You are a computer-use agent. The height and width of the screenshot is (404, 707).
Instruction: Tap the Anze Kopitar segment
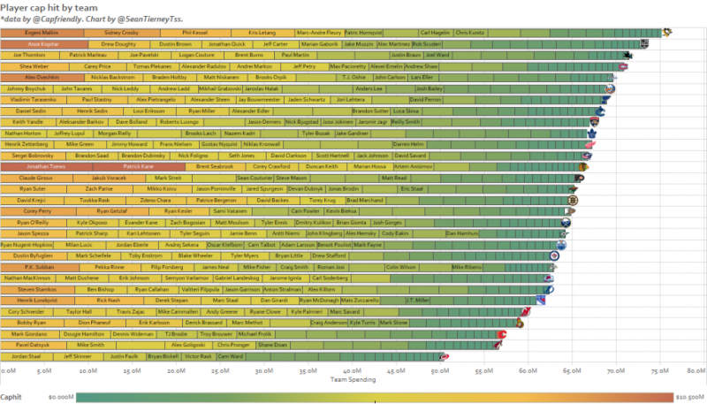click(x=43, y=42)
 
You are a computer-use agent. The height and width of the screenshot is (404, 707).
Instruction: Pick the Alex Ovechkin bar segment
click(x=34, y=77)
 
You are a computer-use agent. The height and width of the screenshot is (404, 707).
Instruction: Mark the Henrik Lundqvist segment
click(x=36, y=300)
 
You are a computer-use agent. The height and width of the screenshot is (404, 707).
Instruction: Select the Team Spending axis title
click(x=354, y=378)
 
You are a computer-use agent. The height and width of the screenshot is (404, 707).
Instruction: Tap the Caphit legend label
click(x=11, y=397)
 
